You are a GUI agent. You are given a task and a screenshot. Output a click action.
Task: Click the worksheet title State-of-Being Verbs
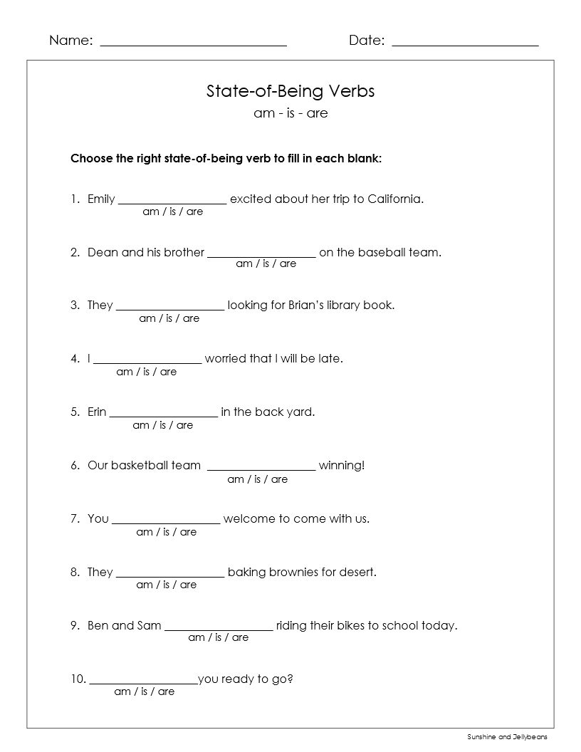point(290,91)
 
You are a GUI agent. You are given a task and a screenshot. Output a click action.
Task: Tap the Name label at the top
point(70,41)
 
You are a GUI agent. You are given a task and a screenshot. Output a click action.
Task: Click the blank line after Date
point(465,44)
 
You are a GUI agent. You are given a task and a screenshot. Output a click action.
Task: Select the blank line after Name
point(193,44)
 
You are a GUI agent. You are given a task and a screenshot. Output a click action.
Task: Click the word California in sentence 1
point(395,199)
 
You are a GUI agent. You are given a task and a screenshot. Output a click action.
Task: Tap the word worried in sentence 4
point(226,358)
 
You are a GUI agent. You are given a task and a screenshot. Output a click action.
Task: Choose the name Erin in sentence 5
point(97,412)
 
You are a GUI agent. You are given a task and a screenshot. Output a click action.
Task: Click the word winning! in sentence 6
point(342,466)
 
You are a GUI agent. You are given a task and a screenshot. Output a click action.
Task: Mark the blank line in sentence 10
point(143,682)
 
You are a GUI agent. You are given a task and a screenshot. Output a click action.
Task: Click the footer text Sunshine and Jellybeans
point(508,737)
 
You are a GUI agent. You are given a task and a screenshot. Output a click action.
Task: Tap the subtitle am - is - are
point(290,113)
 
